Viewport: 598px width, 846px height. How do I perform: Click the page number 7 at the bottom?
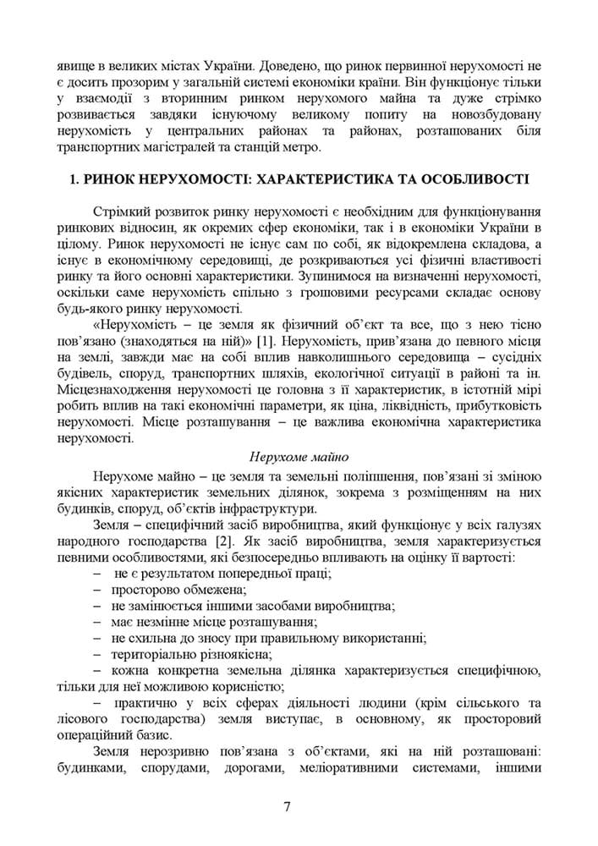[x=288, y=805]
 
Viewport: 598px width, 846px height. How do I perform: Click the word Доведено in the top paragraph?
[x=285, y=65]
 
